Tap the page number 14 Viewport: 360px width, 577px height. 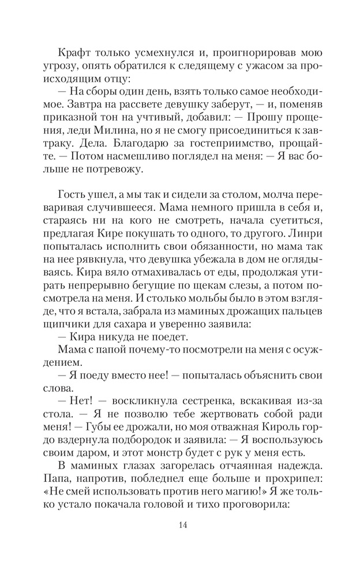[183, 524]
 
